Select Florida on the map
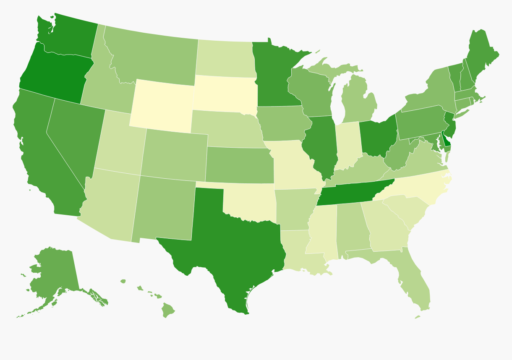coord(420,285)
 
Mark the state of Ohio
coord(378,134)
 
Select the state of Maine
coord(481,55)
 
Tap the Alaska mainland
coord(55,269)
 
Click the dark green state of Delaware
coord(447,141)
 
